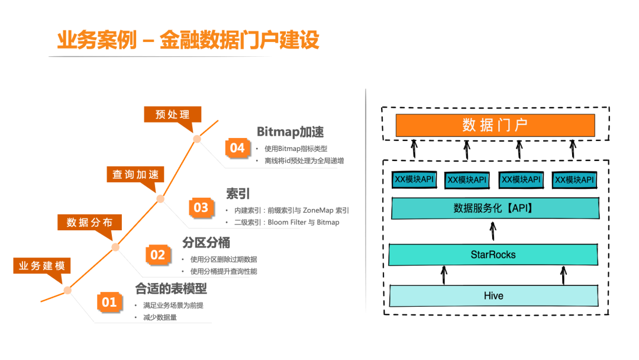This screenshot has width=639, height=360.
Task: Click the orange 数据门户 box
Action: [x=495, y=125]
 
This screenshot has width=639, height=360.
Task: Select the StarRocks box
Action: [x=493, y=255]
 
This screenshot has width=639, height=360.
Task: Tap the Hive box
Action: [x=493, y=295]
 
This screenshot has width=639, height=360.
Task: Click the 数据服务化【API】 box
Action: [x=493, y=208]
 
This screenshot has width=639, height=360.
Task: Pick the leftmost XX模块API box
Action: [x=415, y=179]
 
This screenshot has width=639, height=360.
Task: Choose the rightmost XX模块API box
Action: [x=573, y=179]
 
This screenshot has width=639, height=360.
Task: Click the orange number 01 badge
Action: [x=110, y=303]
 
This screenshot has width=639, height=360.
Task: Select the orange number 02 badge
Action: [x=157, y=255]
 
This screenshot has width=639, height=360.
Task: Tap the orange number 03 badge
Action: [x=201, y=207]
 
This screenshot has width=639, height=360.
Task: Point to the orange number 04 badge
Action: [x=237, y=148]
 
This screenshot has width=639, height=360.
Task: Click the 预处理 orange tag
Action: [x=173, y=114]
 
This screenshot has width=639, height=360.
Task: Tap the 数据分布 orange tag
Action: [x=89, y=222]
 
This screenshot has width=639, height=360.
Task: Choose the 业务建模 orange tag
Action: [x=41, y=266]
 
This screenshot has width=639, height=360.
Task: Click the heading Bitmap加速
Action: [x=290, y=131]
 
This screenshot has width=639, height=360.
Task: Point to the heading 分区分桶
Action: [x=206, y=243]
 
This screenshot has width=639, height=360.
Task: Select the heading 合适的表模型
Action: [x=171, y=289]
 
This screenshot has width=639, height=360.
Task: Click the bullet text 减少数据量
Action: [x=160, y=317]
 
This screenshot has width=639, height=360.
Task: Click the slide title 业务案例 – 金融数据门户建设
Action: [x=188, y=40]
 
